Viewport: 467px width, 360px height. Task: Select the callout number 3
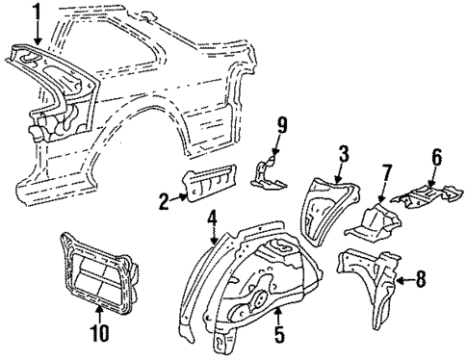342,153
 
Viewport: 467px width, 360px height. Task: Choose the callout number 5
278,337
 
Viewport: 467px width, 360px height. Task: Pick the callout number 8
421,281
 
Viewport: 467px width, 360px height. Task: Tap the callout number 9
283,123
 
